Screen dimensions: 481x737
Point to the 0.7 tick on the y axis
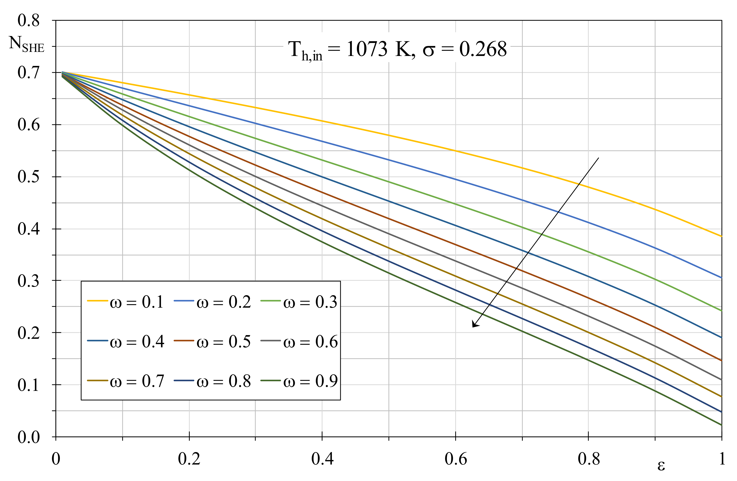(29, 72)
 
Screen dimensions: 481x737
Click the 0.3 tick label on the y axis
(29, 281)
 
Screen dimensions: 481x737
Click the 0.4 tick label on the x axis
(322, 459)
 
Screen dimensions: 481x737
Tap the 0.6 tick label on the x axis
(455, 459)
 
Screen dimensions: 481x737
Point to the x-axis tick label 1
(722, 459)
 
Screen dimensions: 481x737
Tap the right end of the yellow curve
(721, 236)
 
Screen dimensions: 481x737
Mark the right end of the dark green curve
(721, 425)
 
